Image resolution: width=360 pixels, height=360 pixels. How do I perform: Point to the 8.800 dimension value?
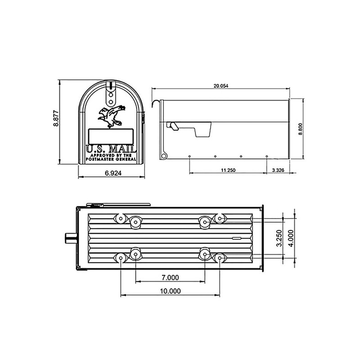[x=300, y=128]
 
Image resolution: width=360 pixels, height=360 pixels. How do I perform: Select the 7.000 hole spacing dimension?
[x=170, y=277]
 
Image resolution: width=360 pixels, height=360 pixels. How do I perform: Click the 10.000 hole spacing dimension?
[x=170, y=291]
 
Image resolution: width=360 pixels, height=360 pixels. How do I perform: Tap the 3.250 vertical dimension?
[x=279, y=238]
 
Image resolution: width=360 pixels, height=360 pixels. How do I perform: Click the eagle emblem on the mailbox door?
[x=111, y=116]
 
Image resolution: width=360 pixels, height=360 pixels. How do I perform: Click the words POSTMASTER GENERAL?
[x=111, y=160]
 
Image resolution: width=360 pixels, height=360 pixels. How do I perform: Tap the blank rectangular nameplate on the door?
[x=111, y=135]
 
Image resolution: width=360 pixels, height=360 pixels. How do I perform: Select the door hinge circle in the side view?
[x=165, y=156]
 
